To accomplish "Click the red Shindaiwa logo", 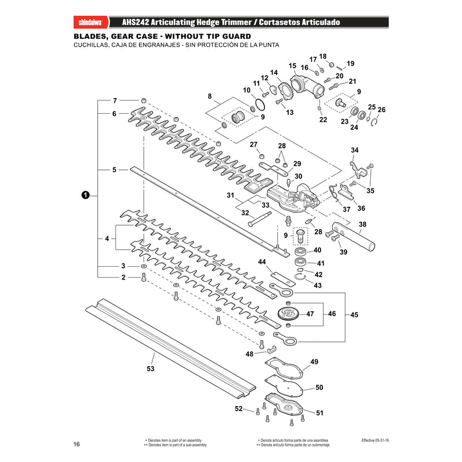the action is pos(91,23).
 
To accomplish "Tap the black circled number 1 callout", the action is pos(85,195).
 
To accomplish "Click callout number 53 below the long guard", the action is pos(150,368).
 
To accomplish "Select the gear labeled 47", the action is pos(288,314).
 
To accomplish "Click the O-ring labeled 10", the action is pos(259,105).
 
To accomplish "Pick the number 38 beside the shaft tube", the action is pos(363,224).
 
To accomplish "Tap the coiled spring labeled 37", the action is pos(335,192).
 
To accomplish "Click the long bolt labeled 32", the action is pos(259,219).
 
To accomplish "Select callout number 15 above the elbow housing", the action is pos(292,65).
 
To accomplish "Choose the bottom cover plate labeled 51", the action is pos(284,404).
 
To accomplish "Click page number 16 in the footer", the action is pos(77,444).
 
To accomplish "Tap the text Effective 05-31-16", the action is pos(375,440).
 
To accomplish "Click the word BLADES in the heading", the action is pos(91,36).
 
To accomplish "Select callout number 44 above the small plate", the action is pos(262,262).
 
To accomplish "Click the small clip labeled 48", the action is pos(271,350).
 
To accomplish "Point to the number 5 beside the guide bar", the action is pos(114,170).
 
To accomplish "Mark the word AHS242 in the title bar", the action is pos(136,23).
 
